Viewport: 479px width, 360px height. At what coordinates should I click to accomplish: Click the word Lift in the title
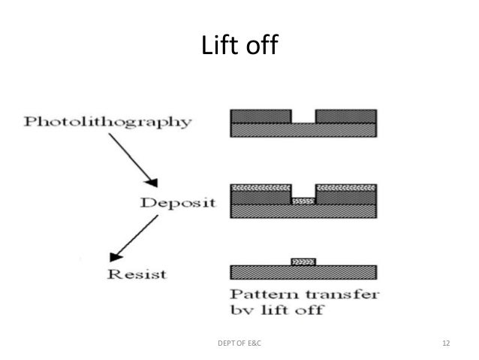click(219, 47)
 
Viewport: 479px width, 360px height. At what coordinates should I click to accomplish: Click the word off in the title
click(261, 47)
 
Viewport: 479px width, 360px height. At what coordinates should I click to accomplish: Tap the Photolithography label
click(107, 122)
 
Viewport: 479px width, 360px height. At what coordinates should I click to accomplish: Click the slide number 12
click(446, 343)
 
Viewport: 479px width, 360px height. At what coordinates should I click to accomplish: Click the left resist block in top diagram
click(261, 116)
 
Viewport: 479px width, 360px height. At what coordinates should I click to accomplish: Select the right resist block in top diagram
click(345, 116)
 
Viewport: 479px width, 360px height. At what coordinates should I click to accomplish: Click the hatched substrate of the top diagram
click(303, 130)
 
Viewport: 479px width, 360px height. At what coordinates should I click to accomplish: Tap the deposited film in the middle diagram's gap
click(303, 201)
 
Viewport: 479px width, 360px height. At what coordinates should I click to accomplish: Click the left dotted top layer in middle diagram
click(261, 186)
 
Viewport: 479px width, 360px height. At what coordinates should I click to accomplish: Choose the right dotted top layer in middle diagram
click(345, 186)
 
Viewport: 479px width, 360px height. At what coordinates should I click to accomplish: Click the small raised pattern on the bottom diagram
click(303, 261)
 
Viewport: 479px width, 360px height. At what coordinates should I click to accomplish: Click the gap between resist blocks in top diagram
click(303, 116)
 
